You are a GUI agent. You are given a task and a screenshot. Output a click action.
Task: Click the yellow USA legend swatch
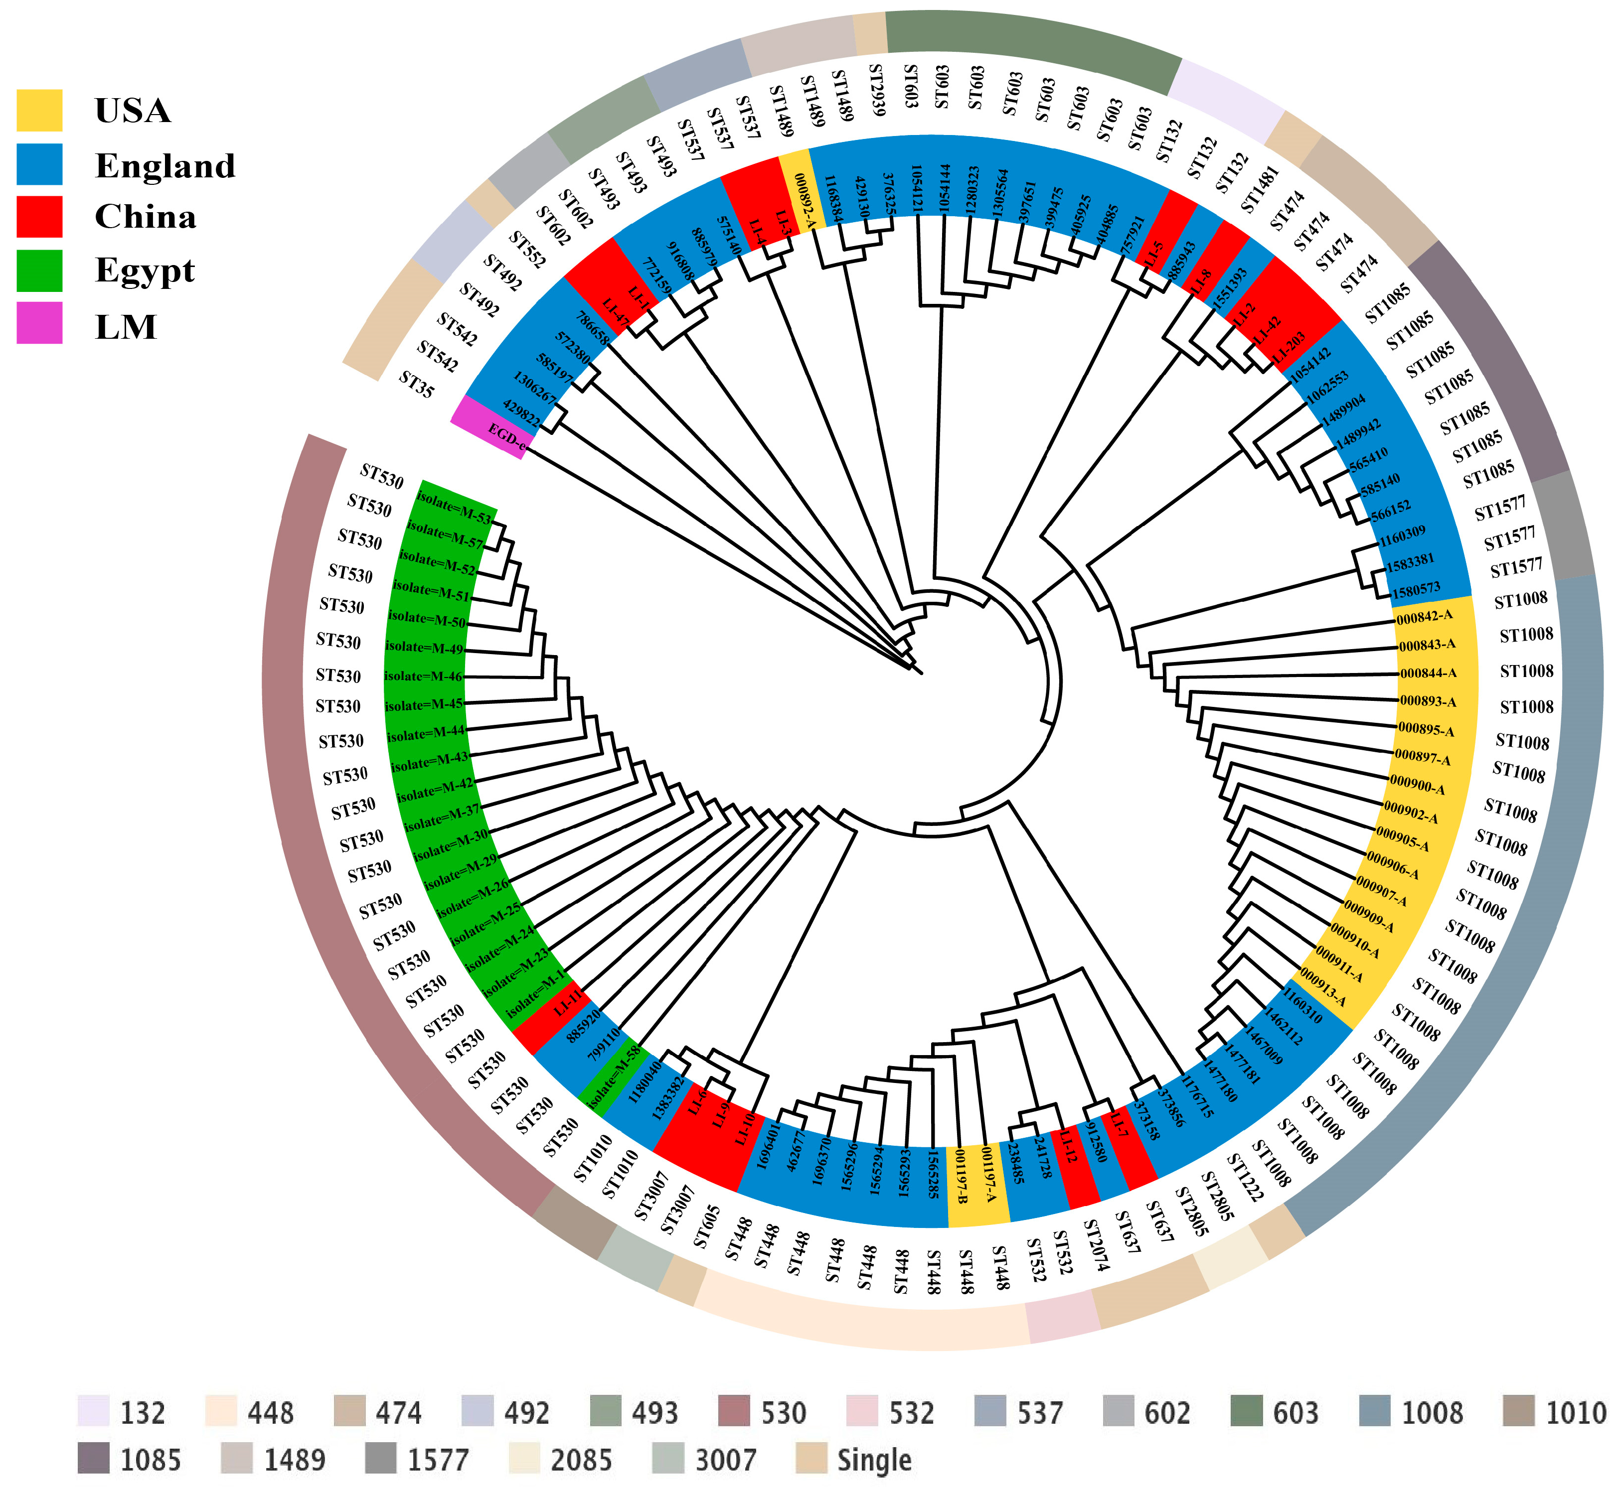click(39, 110)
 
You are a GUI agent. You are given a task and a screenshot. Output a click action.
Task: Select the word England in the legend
click(165, 166)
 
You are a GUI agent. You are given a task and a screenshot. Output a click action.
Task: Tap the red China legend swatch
click(39, 217)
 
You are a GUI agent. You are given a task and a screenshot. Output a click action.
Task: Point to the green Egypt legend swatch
click(39, 270)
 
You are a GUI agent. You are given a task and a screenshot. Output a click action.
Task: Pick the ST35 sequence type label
click(416, 385)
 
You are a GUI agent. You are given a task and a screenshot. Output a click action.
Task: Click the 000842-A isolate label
click(1424, 617)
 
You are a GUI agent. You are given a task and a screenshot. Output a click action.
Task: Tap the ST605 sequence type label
click(707, 1227)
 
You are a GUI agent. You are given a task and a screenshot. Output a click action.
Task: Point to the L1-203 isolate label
click(1288, 348)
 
